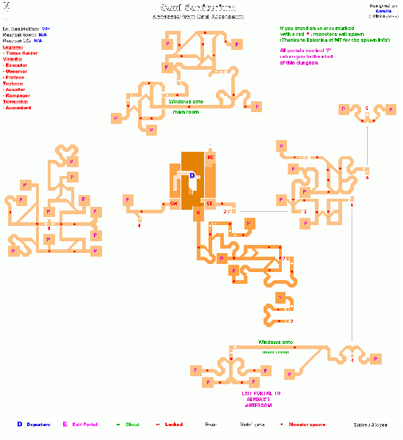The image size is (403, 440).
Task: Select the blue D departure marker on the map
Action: (x=193, y=175)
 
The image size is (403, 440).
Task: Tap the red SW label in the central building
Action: (x=174, y=202)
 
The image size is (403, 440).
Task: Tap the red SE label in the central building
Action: (x=209, y=203)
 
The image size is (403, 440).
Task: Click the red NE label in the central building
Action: (x=211, y=157)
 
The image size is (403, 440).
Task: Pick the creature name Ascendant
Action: (x=19, y=108)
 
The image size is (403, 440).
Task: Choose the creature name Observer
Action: (x=19, y=70)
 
